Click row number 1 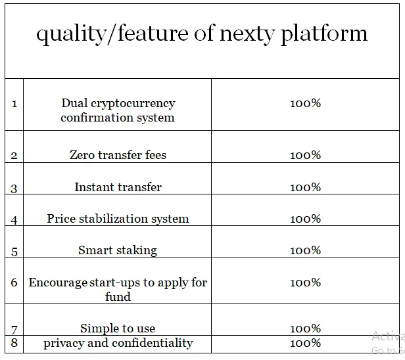point(14,104)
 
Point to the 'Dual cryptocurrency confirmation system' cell point(118,110)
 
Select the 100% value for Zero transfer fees point(305,155)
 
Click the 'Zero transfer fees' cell point(118,155)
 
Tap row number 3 point(14,189)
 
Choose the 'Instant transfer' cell point(118,187)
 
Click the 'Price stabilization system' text point(118,219)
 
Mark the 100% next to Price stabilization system point(305,219)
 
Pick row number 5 point(14,252)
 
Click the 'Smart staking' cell point(118,250)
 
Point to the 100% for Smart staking point(305,250)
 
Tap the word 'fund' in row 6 point(118,296)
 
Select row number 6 point(14,282)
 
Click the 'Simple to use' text point(118,328)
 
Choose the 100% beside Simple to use point(305,328)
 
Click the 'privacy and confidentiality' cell point(118,343)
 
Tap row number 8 point(14,343)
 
